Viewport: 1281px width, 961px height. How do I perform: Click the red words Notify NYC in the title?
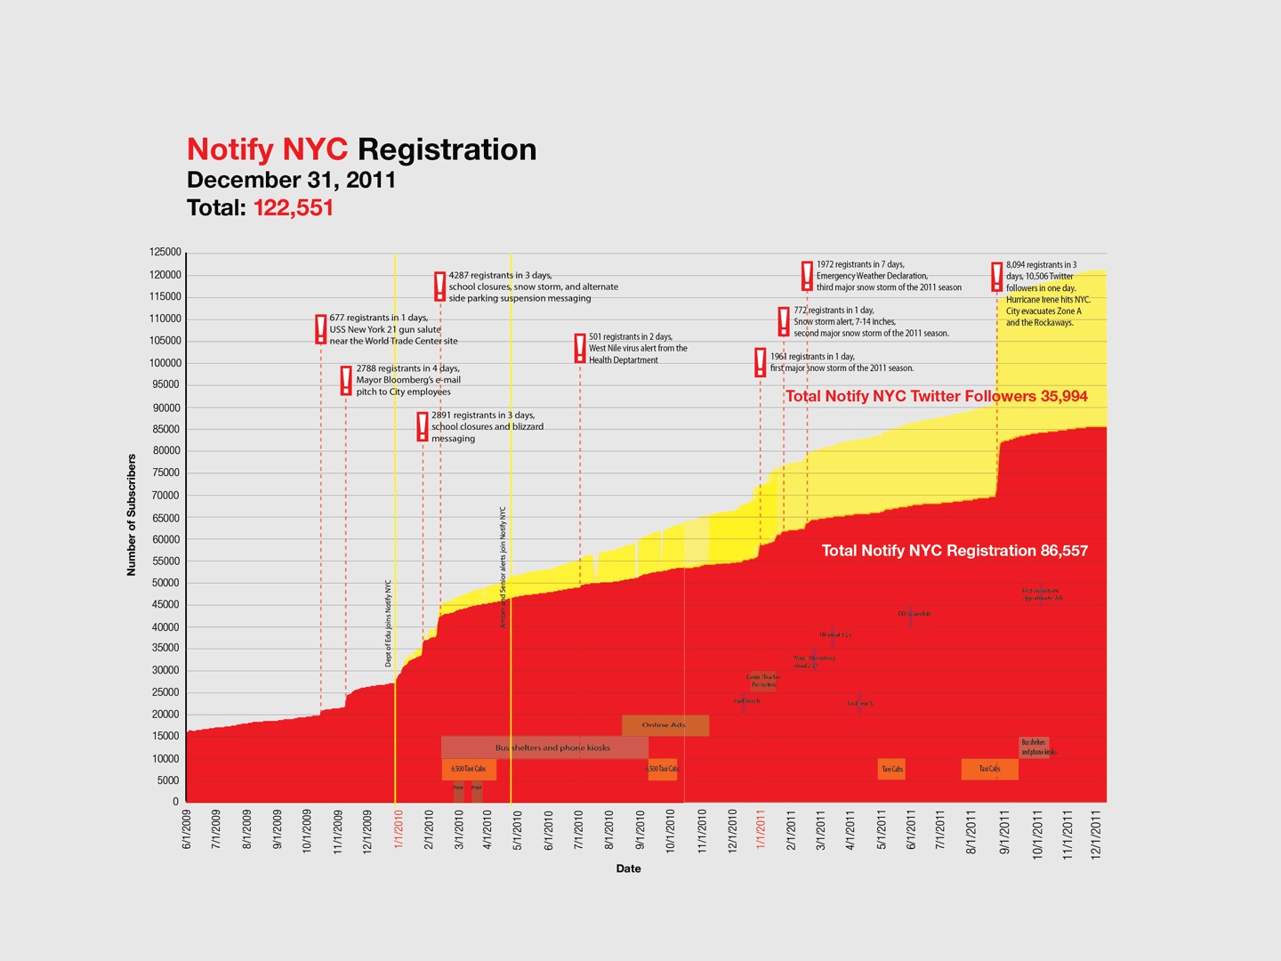[x=267, y=149]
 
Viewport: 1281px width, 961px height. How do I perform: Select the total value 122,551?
[x=294, y=208]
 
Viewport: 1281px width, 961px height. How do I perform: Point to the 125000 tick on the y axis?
[x=165, y=253]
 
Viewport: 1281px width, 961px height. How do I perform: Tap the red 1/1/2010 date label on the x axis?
[x=399, y=828]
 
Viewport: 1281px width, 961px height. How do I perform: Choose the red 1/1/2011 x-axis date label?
[x=761, y=828]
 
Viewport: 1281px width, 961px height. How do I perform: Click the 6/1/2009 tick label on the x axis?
[x=187, y=828]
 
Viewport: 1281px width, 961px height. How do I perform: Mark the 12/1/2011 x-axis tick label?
[x=1096, y=828]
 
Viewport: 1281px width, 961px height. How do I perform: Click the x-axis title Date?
[x=628, y=868]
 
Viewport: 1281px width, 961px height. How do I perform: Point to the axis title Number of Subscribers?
[x=132, y=515]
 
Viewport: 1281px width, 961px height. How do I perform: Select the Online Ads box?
[x=665, y=725]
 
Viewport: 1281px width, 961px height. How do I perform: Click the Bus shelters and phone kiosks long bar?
[x=544, y=747]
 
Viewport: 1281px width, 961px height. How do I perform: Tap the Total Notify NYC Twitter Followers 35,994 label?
[x=936, y=396]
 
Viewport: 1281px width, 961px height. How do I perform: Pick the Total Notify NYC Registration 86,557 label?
[x=955, y=551]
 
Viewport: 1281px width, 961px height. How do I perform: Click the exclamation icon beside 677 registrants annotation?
[x=321, y=329]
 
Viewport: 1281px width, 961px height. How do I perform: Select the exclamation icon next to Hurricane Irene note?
[x=997, y=277]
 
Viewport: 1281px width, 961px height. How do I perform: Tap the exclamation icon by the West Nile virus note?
[x=580, y=348]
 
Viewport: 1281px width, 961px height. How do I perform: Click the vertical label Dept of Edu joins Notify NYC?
[x=388, y=623]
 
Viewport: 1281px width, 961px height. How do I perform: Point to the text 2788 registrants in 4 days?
[x=407, y=368]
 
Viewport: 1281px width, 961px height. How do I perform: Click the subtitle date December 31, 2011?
[x=291, y=180]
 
